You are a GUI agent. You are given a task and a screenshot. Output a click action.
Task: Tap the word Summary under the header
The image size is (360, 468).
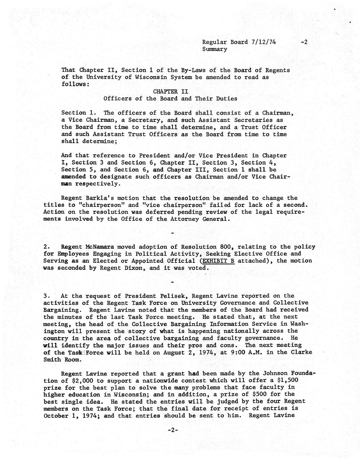[215, 49]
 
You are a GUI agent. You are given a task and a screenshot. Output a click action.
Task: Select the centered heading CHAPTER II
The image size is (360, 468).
[171, 92]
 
